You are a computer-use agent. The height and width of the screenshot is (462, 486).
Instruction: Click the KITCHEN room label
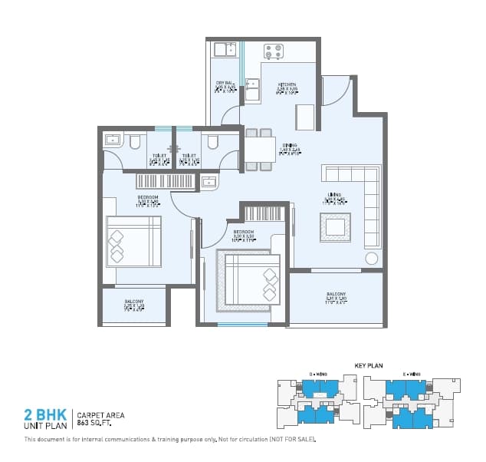(287, 84)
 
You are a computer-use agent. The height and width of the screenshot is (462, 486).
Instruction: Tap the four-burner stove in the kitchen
(273, 51)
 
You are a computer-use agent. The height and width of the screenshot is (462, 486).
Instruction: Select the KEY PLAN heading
(368, 366)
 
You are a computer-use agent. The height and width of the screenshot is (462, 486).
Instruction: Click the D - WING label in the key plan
(317, 375)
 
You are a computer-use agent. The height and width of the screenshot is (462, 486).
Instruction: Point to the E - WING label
(411, 375)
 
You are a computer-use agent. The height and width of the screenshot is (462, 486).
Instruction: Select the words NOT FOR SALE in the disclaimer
(292, 440)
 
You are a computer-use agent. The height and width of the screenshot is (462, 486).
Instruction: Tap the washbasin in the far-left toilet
(112, 140)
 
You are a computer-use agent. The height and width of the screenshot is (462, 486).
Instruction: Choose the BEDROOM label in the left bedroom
(148, 197)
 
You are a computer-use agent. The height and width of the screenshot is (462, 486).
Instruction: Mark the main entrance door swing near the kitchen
(335, 91)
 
